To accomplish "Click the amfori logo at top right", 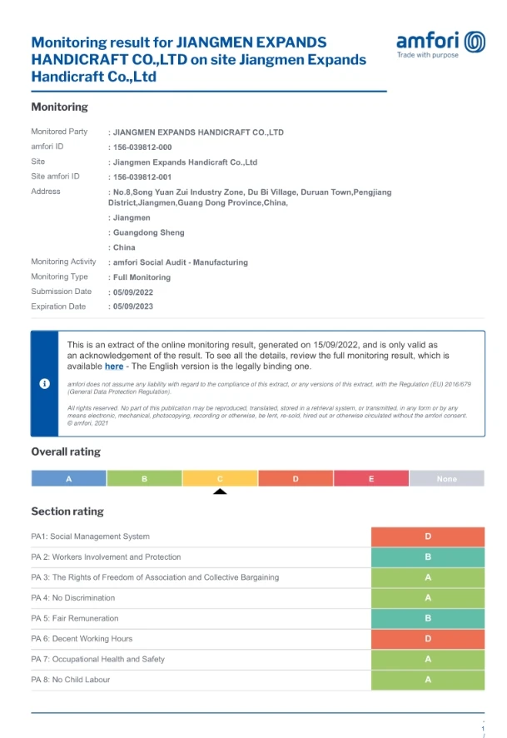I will click(440, 44).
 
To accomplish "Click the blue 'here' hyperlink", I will click(114, 366).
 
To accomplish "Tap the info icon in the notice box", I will click(45, 383).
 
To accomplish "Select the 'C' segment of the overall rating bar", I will click(220, 479).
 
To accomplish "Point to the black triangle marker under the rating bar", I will click(220, 491).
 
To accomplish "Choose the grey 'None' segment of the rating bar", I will click(446, 479).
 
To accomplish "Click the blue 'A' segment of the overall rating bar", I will click(68, 479).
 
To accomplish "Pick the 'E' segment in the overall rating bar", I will click(370, 479).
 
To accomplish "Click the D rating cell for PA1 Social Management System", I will click(428, 536).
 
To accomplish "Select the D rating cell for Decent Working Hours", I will click(428, 639).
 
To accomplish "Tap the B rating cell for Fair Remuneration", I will click(428, 618).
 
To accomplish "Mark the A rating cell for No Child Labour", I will click(428, 680).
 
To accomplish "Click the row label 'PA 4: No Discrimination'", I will click(73, 598).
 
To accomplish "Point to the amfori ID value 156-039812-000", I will click(142, 147).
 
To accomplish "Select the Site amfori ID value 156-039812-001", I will click(142, 177).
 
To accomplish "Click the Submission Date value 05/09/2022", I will click(132, 292).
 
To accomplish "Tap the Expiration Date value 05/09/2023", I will click(132, 307).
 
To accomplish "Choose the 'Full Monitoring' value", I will click(141, 277).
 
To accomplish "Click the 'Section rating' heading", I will click(67, 511).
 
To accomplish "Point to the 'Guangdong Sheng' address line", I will click(148, 232).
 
